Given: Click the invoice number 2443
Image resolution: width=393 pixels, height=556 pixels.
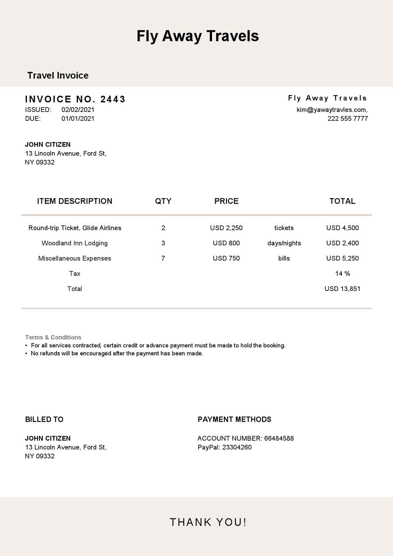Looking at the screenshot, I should click(113, 99).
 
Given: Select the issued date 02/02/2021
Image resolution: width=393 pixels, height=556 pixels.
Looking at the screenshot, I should click(78, 110).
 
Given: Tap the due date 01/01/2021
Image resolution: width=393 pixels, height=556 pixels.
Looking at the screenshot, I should click(78, 119).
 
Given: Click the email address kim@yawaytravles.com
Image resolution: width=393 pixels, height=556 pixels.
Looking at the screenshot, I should click(332, 110).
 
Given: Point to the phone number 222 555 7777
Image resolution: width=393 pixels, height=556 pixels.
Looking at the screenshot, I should click(347, 119).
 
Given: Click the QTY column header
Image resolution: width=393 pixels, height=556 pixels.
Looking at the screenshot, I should click(163, 201).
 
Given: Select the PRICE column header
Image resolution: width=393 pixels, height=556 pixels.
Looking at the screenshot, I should click(226, 201).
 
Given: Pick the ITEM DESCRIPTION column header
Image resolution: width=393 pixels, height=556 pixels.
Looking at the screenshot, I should click(74, 201).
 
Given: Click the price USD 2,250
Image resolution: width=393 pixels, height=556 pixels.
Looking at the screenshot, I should click(226, 228).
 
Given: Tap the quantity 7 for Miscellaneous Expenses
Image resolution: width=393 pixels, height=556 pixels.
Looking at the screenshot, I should click(163, 258).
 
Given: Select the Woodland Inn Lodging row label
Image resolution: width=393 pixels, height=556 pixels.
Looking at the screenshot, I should click(74, 243).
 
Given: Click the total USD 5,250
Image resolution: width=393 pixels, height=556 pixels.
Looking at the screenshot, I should click(342, 258).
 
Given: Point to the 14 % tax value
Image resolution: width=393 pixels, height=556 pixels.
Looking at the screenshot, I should click(342, 274).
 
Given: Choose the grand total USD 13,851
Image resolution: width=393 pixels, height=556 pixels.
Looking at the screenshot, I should click(342, 289).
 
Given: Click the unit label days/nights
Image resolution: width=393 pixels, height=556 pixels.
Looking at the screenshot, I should click(284, 243).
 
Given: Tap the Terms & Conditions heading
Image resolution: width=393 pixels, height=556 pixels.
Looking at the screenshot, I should click(53, 337).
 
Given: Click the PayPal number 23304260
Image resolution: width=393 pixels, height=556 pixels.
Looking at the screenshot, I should click(237, 447).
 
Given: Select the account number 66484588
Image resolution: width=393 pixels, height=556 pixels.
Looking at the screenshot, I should click(279, 438).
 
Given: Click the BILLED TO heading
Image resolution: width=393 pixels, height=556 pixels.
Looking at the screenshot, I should click(44, 419).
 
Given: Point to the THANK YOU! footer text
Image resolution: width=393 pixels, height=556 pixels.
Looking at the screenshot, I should click(208, 522).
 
